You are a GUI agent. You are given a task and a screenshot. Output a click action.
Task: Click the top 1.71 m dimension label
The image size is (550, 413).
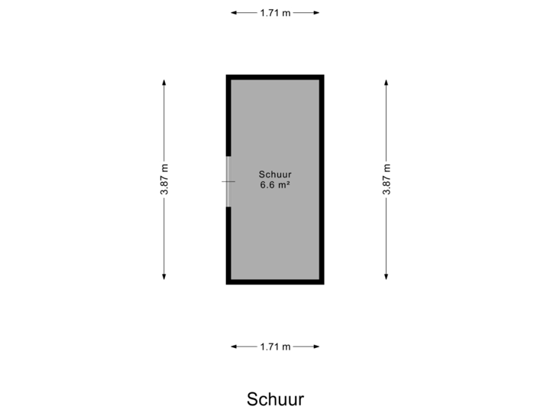275,13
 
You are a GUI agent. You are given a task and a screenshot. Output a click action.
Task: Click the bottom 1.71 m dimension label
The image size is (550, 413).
275,346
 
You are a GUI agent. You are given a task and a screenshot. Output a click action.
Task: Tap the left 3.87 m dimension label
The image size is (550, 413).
164,180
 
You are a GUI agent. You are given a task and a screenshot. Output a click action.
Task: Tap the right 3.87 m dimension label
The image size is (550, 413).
386,180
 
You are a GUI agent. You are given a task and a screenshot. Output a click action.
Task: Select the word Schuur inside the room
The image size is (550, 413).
275,174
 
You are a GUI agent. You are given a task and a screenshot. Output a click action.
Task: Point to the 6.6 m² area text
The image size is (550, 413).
275,184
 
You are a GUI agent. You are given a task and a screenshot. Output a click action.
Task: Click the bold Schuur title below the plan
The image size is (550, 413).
275,399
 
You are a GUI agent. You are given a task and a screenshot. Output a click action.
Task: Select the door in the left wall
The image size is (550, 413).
228,181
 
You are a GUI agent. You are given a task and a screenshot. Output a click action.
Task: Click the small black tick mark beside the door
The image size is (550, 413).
223,181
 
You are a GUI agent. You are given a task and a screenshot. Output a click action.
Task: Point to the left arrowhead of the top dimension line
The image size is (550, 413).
233,13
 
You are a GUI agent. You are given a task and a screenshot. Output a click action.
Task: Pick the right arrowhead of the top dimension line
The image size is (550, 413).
317,13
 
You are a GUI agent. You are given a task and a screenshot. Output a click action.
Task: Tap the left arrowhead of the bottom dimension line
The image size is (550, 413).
233,346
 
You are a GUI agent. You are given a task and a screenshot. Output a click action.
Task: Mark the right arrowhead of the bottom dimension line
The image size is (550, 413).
317,346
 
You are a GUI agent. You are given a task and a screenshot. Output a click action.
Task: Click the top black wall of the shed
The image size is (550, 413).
275,76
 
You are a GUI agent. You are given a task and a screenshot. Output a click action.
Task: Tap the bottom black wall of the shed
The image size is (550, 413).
275,281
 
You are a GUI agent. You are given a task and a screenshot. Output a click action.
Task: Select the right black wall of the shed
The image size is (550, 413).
322,180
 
